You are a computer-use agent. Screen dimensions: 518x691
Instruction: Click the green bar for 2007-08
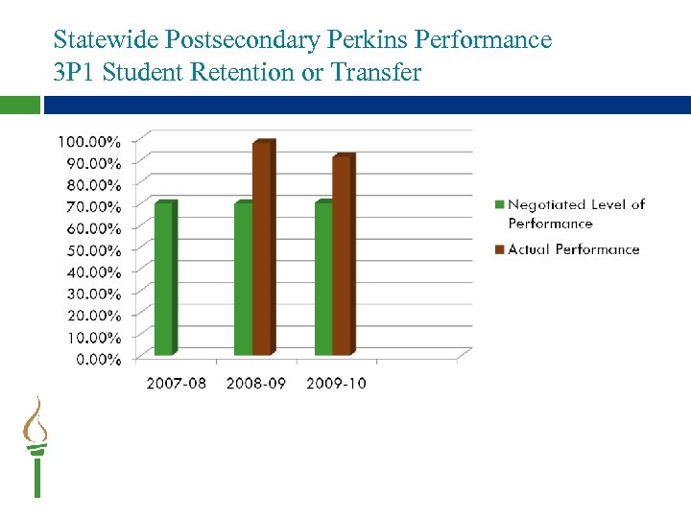point(165,278)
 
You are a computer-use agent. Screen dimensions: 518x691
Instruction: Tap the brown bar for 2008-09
point(263,249)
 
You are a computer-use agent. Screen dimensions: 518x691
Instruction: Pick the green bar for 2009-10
point(324,278)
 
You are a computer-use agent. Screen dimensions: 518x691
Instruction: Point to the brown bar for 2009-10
point(343,255)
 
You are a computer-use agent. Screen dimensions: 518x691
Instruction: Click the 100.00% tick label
point(89,140)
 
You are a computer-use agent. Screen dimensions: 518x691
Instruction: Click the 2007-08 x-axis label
point(175,384)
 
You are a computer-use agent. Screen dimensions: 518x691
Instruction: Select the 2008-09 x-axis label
point(255,384)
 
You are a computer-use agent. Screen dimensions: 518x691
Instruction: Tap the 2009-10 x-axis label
point(336,384)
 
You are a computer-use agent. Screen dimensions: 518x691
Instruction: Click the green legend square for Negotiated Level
point(499,204)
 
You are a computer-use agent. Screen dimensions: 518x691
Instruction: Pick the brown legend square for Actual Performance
point(499,249)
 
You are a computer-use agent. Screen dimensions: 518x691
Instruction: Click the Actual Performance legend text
point(574,249)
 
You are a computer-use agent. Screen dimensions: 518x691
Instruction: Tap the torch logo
point(36,446)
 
